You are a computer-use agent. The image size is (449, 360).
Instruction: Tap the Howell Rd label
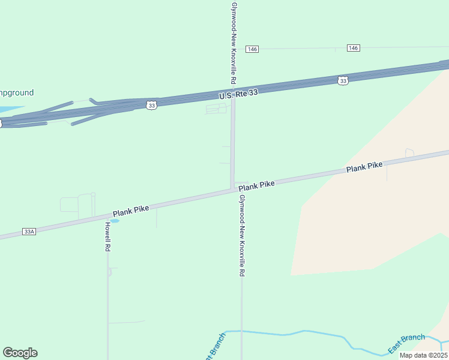[x=107, y=236]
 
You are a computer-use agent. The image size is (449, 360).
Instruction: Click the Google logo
[x=20, y=353]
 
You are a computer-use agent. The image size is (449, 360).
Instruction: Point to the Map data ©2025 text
[x=423, y=355]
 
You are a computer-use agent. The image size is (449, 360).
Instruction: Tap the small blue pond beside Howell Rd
[x=115, y=221]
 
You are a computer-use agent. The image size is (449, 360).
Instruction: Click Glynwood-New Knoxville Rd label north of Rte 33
[x=233, y=42]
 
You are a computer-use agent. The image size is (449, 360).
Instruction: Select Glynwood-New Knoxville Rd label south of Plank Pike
[x=241, y=235]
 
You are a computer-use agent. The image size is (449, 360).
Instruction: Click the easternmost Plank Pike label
[x=364, y=168]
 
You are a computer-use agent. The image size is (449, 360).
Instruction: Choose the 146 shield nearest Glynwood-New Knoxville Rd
[x=252, y=49]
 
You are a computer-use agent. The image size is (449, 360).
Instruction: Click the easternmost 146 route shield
[x=353, y=48]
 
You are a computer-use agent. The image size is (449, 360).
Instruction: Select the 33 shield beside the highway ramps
[x=151, y=105]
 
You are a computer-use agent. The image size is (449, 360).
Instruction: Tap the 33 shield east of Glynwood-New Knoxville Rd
[x=343, y=80]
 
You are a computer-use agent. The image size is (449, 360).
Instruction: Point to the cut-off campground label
[x=17, y=92]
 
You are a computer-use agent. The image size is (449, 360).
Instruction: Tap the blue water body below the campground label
[x=9, y=110]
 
